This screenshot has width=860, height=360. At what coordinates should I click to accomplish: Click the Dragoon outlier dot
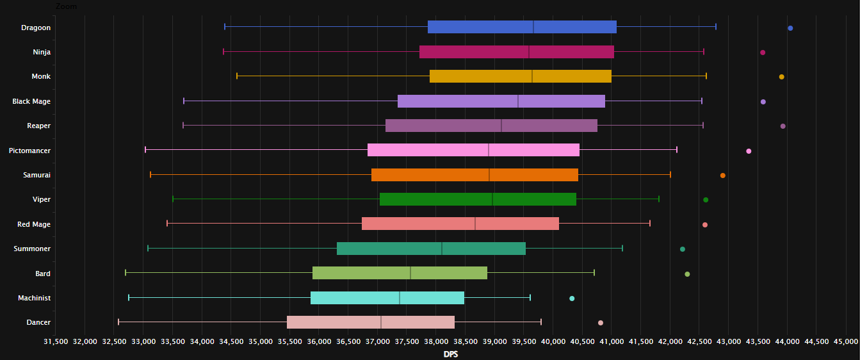[790, 28]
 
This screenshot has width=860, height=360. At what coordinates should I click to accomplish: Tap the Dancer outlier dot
[600, 323]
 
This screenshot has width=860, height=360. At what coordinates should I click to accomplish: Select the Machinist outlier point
[572, 299]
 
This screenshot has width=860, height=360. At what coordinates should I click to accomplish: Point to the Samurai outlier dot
[722, 176]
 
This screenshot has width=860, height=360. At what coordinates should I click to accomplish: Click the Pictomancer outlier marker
[749, 151]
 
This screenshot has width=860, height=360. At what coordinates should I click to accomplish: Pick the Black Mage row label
[31, 101]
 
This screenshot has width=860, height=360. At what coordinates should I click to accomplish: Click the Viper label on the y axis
[41, 199]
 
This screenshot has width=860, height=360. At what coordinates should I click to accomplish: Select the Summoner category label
[32, 249]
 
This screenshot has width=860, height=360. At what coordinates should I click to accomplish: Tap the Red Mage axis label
[34, 224]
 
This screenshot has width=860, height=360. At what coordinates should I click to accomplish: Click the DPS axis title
[451, 354]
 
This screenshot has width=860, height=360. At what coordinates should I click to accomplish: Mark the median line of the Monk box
[532, 76]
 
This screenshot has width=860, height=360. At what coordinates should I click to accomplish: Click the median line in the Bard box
[410, 273]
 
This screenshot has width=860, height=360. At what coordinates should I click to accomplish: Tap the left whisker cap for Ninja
[223, 52]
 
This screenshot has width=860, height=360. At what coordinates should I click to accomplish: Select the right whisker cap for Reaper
[703, 126]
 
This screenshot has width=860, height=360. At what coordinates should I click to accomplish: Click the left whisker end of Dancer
[118, 322]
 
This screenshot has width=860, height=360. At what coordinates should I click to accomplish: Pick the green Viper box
[478, 199]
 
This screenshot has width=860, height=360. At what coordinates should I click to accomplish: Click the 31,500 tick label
[56, 341]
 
